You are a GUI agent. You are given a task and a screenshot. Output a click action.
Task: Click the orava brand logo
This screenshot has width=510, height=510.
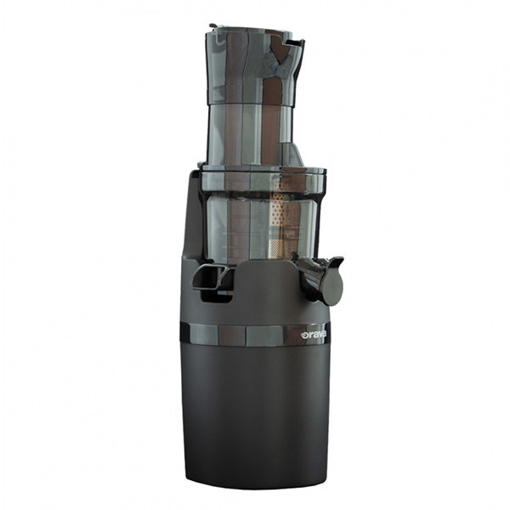coord(314,335)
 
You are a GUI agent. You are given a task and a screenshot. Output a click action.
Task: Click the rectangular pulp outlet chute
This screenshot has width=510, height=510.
coord(209,277)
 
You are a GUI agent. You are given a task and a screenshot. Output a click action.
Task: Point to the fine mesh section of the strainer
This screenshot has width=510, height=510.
coord(275,248)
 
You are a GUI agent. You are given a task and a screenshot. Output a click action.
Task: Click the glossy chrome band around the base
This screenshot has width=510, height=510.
coord(255,335)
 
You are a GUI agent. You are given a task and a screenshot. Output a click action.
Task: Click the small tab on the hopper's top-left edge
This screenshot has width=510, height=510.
coord(213,26)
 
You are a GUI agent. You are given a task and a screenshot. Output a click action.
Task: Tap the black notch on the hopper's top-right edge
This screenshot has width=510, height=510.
coord(297,43)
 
